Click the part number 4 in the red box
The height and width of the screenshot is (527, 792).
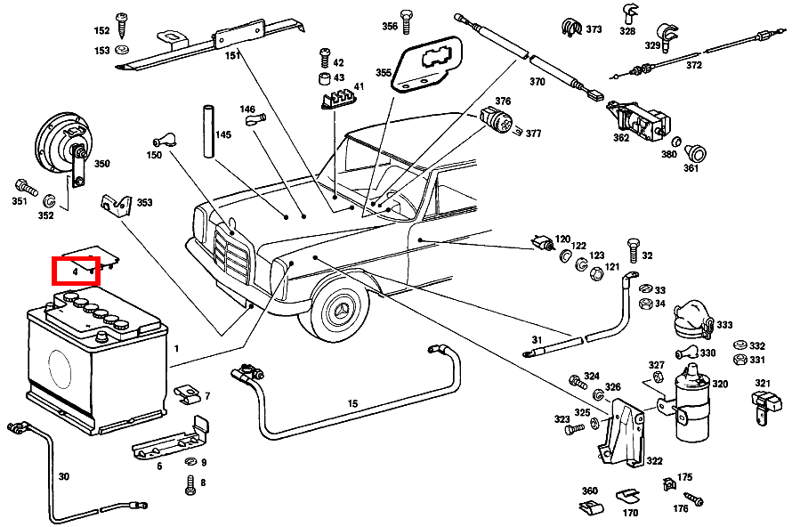pyautogui.click(x=76, y=270)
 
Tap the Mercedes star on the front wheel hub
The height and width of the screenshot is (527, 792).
pyautogui.click(x=342, y=312)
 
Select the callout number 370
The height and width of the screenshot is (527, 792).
pyautogui.click(x=537, y=82)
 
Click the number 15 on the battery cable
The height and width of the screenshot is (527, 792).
pyautogui.click(x=352, y=403)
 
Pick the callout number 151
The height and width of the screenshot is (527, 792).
pyautogui.click(x=233, y=55)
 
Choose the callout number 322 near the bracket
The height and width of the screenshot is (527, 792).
pyautogui.click(x=654, y=461)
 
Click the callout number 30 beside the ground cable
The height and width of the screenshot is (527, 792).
pyautogui.click(x=63, y=476)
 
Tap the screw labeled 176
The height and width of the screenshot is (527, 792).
pyautogui.click(x=699, y=502)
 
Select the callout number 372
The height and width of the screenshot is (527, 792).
pyautogui.click(x=694, y=65)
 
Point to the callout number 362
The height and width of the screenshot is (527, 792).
pyautogui.click(x=621, y=138)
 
